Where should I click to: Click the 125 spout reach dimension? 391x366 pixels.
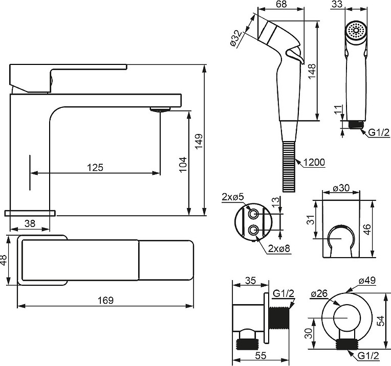click(x=95, y=167)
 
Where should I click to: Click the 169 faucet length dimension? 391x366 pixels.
click(x=105, y=300)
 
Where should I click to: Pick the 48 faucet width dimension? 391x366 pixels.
click(x=4, y=261)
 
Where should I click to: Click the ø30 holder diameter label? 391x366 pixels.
click(x=341, y=188)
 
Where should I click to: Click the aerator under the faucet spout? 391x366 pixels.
click(x=160, y=109)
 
